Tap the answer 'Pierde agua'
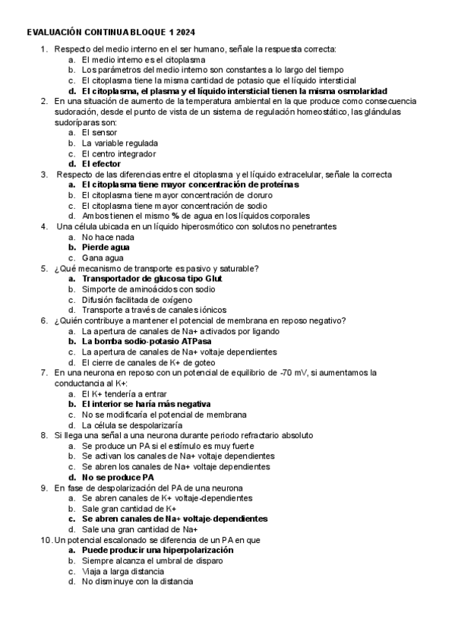click(x=106, y=247)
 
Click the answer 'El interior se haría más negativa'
click(x=146, y=404)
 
